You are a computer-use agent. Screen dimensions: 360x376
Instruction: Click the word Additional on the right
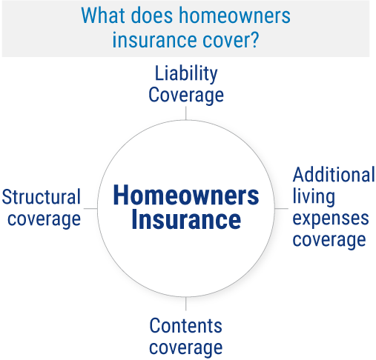click(x=334, y=176)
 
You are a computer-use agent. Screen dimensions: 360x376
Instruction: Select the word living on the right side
click(x=314, y=197)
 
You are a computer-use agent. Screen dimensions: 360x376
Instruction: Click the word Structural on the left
click(x=42, y=198)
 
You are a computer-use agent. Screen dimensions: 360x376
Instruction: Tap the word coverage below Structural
click(x=42, y=219)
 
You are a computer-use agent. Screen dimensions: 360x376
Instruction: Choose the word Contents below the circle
click(x=186, y=325)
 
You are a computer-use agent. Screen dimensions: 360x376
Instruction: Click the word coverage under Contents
click(x=186, y=347)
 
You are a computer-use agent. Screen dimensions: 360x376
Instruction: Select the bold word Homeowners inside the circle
click(x=186, y=196)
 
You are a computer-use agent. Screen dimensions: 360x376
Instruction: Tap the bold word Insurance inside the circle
click(x=186, y=221)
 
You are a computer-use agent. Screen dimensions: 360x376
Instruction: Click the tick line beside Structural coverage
click(x=89, y=209)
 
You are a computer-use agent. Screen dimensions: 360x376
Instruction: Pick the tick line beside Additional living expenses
click(x=283, y=209)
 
